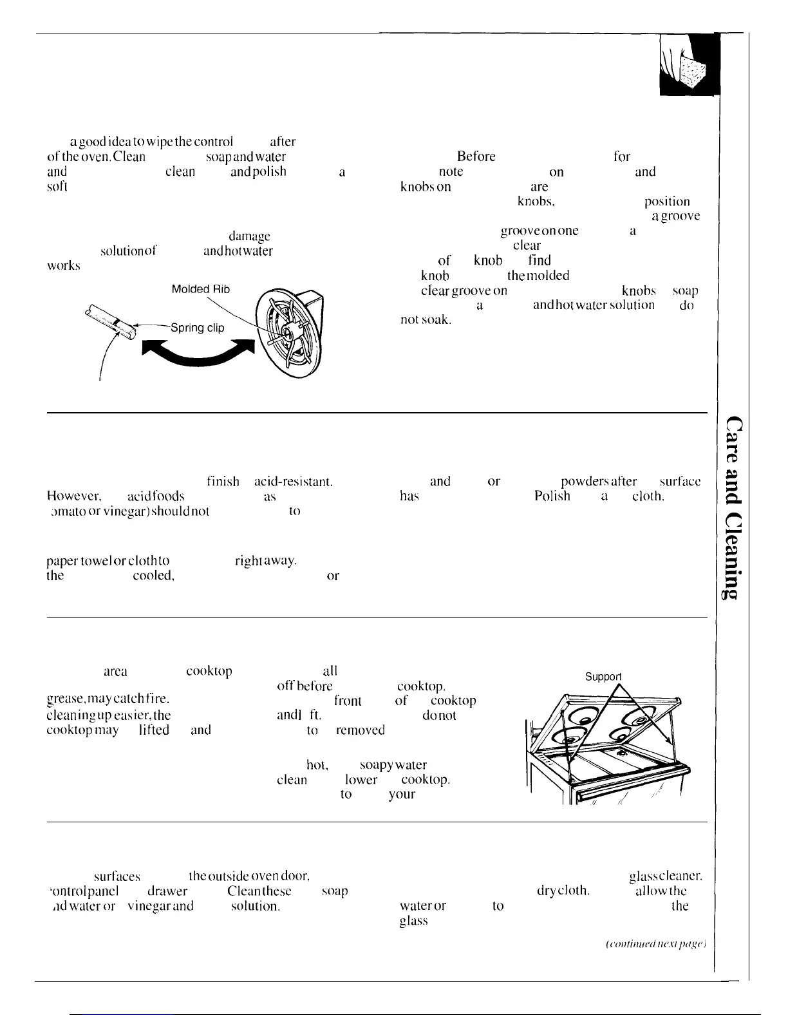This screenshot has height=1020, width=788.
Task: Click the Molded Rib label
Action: (200, 289)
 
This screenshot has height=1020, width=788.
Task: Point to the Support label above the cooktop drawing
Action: (603, 677)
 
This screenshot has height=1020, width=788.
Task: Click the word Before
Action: (476, 156)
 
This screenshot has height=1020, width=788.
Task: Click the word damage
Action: (249, 236)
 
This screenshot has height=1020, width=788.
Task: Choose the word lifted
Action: (154, 730)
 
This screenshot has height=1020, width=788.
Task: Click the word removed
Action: (361, 730)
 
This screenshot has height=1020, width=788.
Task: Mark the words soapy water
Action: (393, 765)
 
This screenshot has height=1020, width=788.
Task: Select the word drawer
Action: (167, 891)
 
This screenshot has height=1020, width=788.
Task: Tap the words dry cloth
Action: (563, 891)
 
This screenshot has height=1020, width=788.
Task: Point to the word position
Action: (667, 202)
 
